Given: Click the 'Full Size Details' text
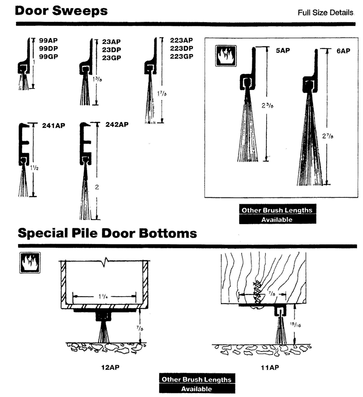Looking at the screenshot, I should (x=325, y=13).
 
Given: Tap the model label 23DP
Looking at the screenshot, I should (x=111, y=49).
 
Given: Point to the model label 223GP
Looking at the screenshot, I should (x=181, y=56).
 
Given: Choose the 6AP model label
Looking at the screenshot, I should (x=343, y=51).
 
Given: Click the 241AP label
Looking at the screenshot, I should (x=54, y=126).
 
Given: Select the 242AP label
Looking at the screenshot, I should (x=117, y=124).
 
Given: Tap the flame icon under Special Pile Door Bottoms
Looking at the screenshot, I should (x=29, y=263).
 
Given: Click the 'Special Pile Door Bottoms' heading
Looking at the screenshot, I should (x=107, y=233).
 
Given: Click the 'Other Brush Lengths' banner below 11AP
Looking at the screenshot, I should (x=197, y=379).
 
